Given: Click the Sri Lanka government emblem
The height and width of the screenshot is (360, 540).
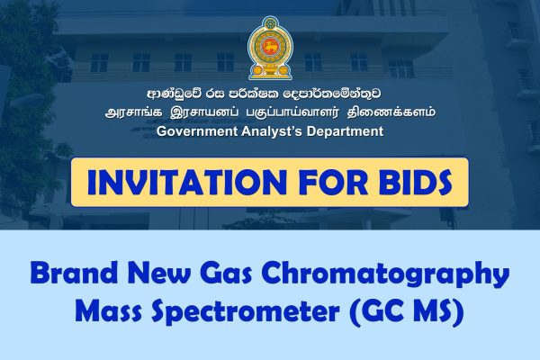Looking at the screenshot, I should [x=269, y=48].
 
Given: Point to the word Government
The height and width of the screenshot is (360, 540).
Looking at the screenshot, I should [x=201, y=131].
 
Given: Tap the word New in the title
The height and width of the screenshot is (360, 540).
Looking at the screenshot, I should [x=163, y=273].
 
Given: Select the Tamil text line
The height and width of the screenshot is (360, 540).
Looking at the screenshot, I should [x=269, y=113].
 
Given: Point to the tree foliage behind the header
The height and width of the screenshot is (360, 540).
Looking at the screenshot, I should [x=27, y=81].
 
